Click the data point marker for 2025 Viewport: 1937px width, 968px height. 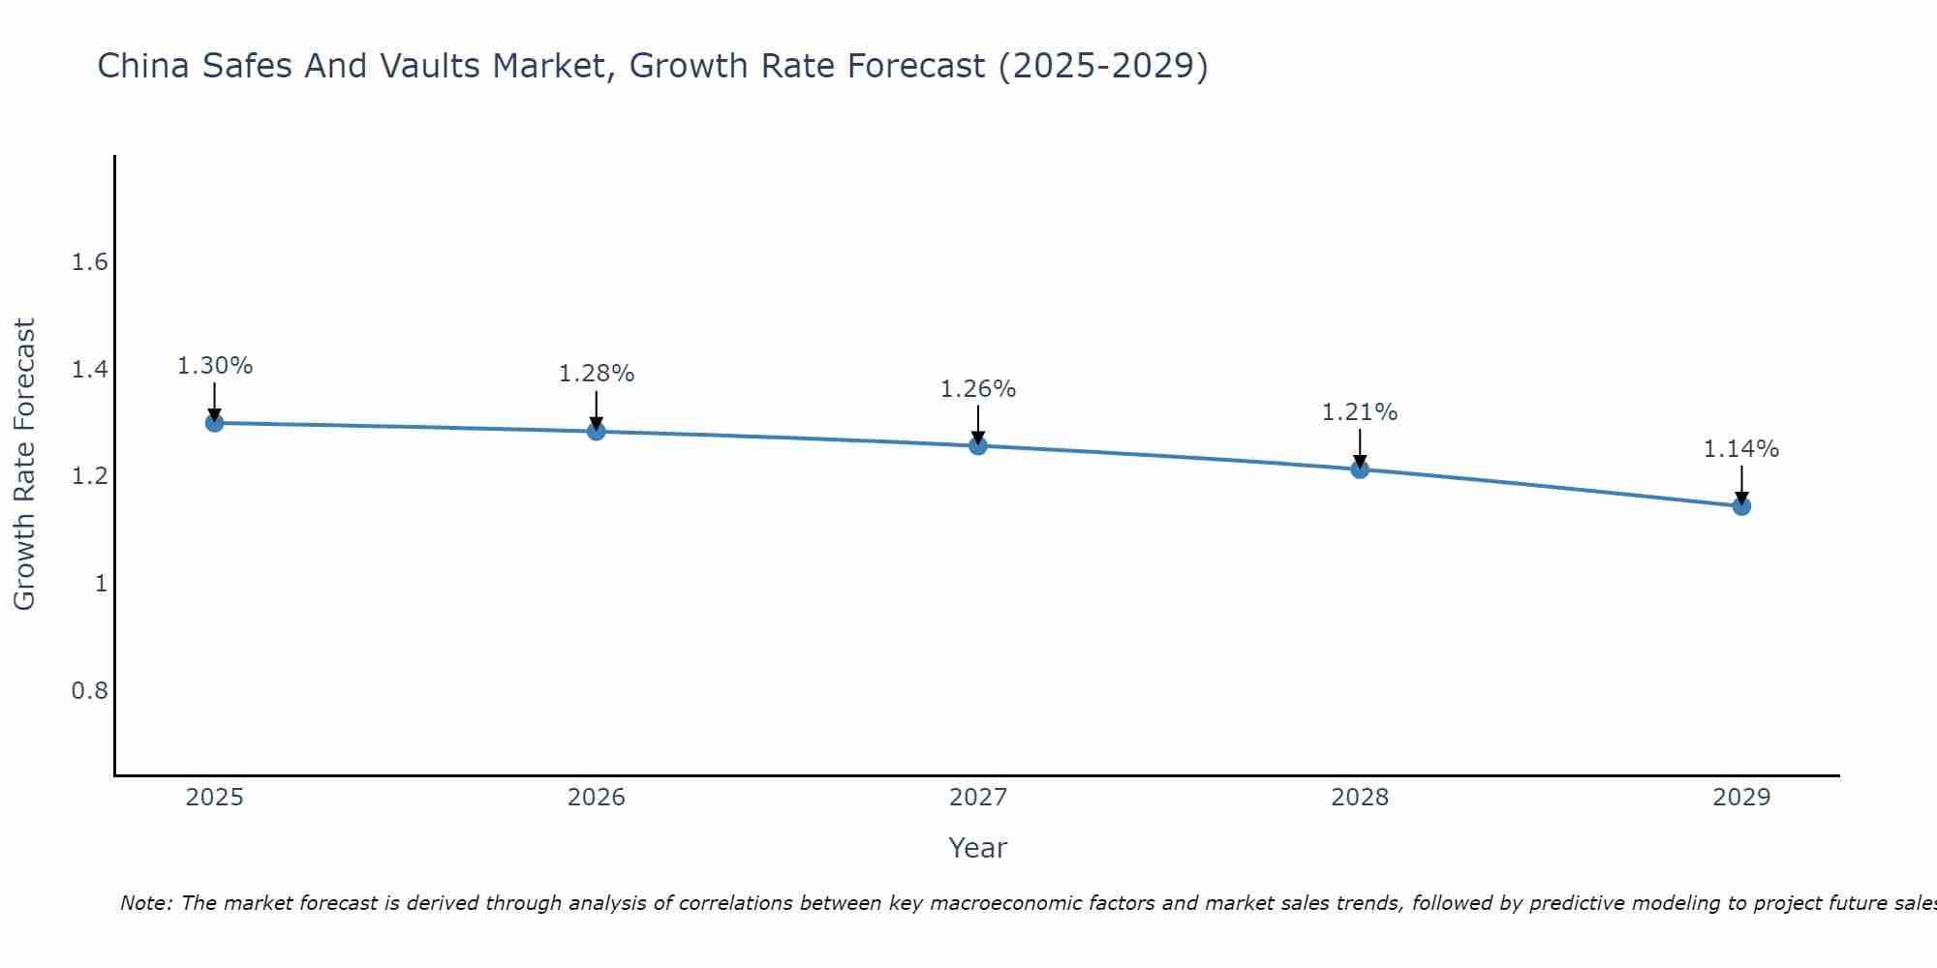(x=215, y=423)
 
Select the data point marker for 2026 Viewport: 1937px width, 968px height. (x=597, y=431)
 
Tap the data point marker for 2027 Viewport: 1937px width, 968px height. (x=978, y=445)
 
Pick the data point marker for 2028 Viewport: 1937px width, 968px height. (x=1360, y=469)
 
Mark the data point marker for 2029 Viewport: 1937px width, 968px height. (x=1741, y=506)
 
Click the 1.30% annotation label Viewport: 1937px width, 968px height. (x=215, y=366)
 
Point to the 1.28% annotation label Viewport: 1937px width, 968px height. (x=597, y=374)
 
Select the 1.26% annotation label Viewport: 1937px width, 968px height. (x=978, y=389)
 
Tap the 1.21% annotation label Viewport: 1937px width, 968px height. (x=1360, y=412)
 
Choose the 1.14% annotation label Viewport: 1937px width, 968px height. (x=1741, y=449)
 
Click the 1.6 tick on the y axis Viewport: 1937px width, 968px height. (x=90, y=262)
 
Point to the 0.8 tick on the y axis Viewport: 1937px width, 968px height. (x=90, y=691)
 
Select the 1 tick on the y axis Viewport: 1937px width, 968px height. (x=101, y=584)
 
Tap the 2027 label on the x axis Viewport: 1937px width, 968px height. (x=978, y=798)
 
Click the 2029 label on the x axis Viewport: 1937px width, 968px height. (x=1741, y=798)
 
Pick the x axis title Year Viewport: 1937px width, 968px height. (x=978, y=848)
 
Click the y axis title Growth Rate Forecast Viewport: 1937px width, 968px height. (x=25, y=465)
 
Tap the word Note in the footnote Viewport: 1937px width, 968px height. (x=146, y=903)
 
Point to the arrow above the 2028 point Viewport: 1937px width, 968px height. (x=1360, y=448)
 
